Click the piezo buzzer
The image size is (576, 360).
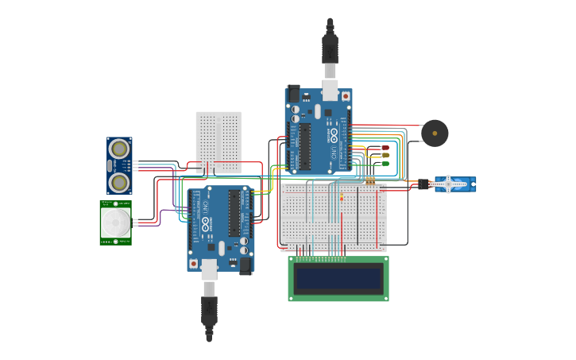[x=435, y=133]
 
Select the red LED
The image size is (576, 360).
[x=385, y=148]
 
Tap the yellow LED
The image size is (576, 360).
[x=385, y=156]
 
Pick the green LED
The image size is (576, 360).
[x=385, y=164]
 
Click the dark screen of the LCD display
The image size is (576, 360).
[x=338, y=278]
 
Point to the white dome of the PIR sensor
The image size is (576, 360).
[x=116, y=223]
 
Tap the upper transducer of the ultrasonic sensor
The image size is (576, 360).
[x=119, y=149]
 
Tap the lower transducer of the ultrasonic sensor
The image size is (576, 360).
[x=119, y=183]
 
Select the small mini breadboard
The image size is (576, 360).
[x=218, y=141]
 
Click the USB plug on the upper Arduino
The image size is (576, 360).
[x=330, y=48]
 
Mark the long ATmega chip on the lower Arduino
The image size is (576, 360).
[x=234, y=212]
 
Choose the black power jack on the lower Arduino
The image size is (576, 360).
[x=245, y=265]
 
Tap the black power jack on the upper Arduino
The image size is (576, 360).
[x=293, y=93]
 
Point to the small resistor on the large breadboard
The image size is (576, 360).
[x=369, y=181]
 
